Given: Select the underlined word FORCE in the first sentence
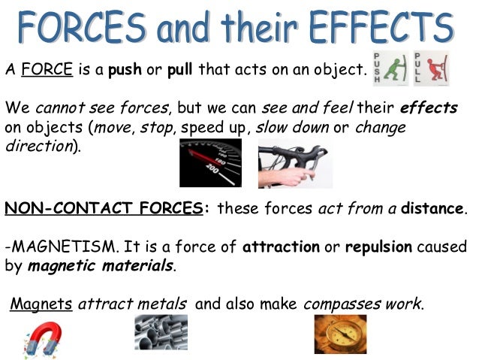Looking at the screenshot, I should pyautogui.click(x=47, y=71).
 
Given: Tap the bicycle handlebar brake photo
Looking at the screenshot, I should pyautogui.click(x=294, y=162).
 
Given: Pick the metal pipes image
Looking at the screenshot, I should pyautogui.click(x=161, y=332).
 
